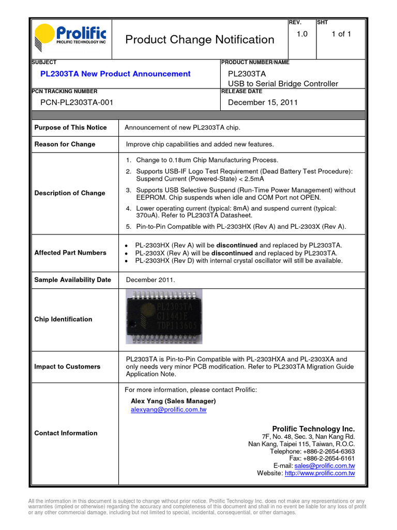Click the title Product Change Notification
[200, 40]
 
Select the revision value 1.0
[302, 34]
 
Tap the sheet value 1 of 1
[341, 34]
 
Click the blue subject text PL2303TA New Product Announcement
[115, 74]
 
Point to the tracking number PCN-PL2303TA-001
[77, 102]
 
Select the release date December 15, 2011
[263, 102]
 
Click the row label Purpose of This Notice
[70, 127]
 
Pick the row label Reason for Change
[65, 144]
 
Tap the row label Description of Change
[69, 193]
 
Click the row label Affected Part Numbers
[70, 253]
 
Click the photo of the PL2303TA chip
[164, 317]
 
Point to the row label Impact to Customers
[67, 366]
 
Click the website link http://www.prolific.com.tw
[319, 473]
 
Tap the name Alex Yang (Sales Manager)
[173, 401]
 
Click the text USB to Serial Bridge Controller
[283, 84]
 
